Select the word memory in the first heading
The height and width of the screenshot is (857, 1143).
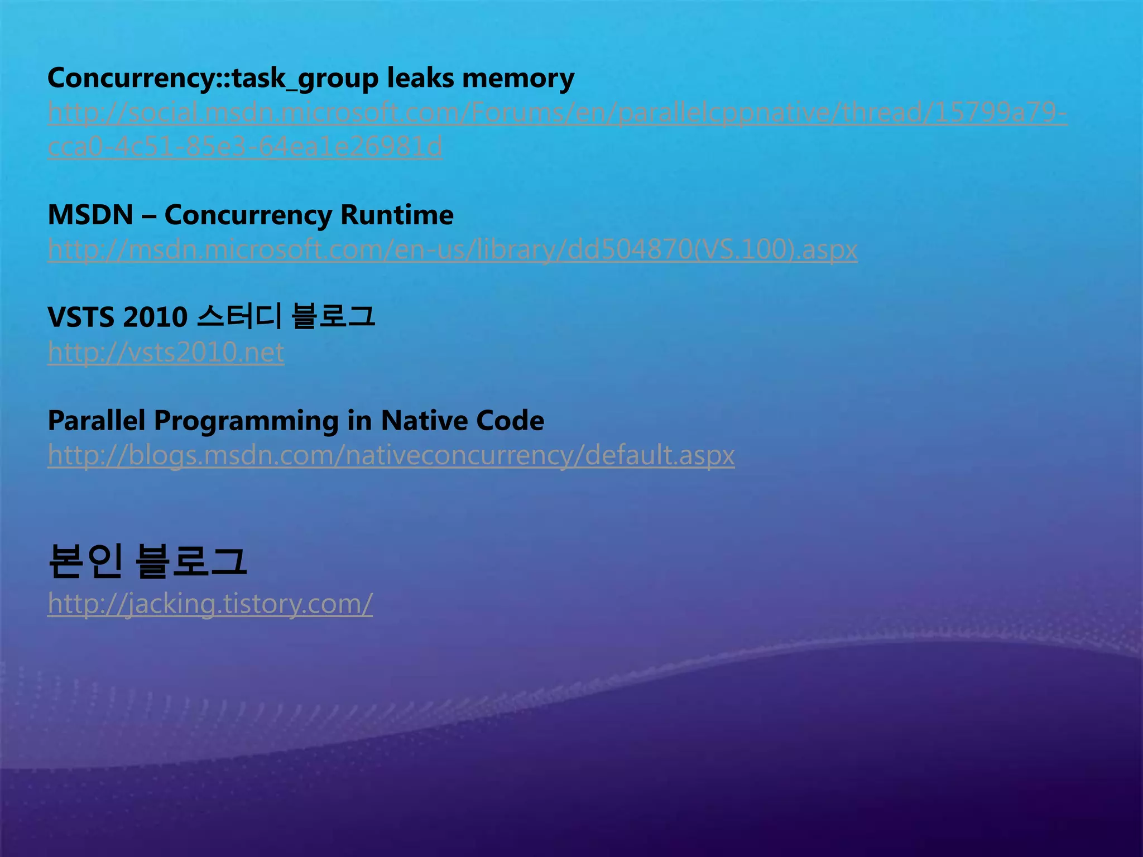(x=518, y=78)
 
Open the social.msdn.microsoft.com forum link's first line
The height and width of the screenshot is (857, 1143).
(x=557, y=113)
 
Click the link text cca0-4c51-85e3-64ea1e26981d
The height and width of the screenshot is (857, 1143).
(x=245, y=147)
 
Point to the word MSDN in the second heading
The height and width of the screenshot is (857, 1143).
(x=90, y=215)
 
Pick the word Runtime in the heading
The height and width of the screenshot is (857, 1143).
(x=397, y=215)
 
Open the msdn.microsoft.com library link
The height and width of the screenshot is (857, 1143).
(x=452, y=249)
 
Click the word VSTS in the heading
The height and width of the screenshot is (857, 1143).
(x=81, y=317)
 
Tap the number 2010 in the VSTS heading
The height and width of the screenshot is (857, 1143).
(x=155, y=317)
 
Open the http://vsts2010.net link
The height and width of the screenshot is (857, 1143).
(x=166, y=352)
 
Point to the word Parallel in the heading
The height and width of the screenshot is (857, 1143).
(x=97, y=420)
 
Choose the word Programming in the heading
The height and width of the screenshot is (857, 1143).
(x=246, y=421)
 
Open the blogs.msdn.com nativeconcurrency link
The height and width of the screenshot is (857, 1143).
(x=391, y=455)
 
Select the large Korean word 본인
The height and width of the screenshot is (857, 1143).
(x=85, y=561)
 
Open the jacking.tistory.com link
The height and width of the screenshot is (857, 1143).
(x=210, y=604)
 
